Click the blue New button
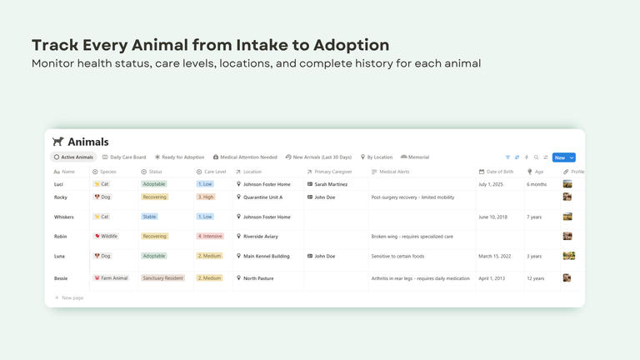560,157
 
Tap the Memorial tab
415,157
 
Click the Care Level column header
214,172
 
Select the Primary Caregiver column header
332,172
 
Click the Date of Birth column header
499,172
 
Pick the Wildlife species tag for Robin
107,236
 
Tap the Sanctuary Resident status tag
162,278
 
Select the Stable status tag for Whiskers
149,217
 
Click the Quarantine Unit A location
262,197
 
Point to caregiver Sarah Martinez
331,184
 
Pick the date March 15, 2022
497,256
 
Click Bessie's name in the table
61,278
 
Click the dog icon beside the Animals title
57,142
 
